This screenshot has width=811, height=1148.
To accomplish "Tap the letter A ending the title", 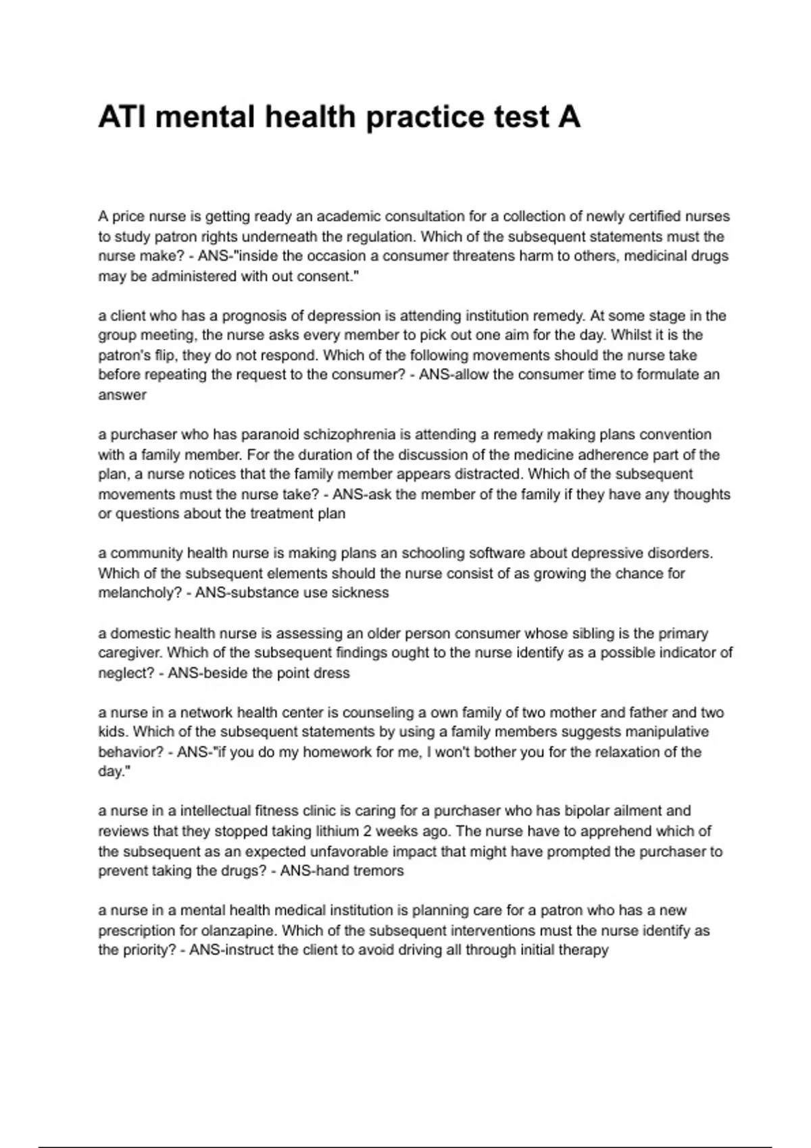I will coord(569,118).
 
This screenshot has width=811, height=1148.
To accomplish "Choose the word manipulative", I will coord(666,732).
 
